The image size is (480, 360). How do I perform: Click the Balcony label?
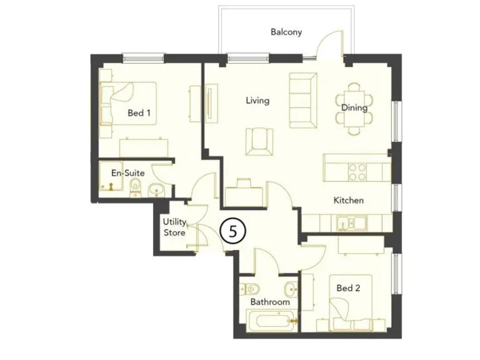pos(286,32)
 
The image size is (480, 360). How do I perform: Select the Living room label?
pos(257,100)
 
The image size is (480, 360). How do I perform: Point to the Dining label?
pos(354,107)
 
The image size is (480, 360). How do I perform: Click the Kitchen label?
pos(348,201)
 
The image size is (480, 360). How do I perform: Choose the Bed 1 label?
pos(139,113)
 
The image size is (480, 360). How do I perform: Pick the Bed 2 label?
pos(348,288)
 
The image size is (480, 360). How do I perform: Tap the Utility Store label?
pos(174,227)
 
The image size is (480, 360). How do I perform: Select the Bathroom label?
pos(270,302)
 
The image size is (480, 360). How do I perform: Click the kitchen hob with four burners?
pos(357,172)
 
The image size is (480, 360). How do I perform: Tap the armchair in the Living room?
pos(259,141)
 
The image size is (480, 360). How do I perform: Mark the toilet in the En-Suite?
pos(136,189)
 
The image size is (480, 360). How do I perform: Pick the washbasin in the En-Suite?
pos(156,189)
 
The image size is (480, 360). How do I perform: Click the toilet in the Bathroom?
pos(251,289)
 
